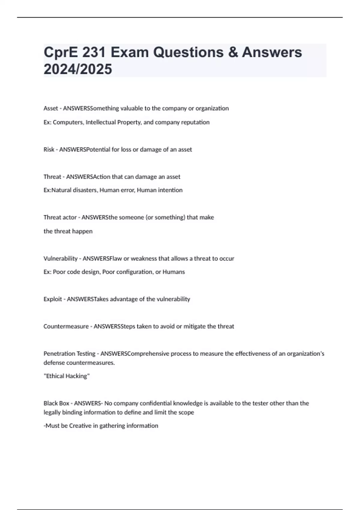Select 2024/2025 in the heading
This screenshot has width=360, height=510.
[x=78, y=69]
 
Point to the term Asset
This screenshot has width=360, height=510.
[x=51, y=108]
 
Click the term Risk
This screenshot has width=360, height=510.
[x=49, y=149]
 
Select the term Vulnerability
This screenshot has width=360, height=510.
[x=60, y=258]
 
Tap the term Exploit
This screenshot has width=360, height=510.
[x=53, y=299]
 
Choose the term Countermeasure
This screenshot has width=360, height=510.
[x=66, y=326]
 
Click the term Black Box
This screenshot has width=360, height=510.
[x=56, y=403]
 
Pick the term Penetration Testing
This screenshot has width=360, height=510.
[x=70, y=354]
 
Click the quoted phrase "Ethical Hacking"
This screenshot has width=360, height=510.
[x=67, y=376]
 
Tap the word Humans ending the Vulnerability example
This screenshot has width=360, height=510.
[x=174, y=272]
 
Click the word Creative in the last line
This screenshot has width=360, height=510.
[x=80, y=426]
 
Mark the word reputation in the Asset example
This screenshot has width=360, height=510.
[x=195, y=122]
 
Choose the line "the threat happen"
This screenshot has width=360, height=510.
[x=68, y=231]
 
